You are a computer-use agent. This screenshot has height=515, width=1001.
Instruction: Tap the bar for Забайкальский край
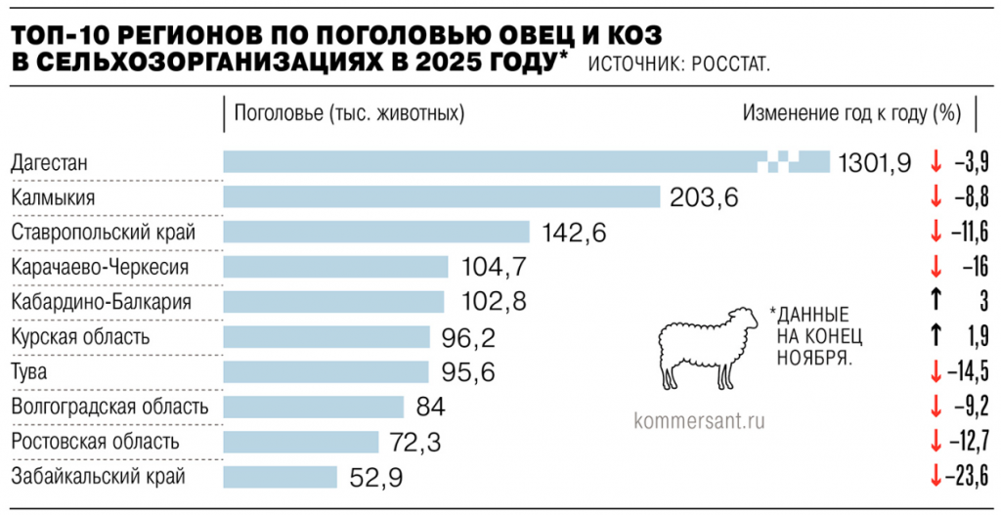(280, 477)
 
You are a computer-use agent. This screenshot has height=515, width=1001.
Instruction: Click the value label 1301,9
(875, 162)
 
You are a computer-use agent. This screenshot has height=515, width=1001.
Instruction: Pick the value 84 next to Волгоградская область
(430, 407)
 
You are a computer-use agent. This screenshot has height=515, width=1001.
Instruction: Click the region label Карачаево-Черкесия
(99, 267)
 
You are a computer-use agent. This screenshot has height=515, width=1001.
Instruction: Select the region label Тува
(29, 372)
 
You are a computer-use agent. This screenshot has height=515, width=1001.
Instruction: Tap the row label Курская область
(79, 337)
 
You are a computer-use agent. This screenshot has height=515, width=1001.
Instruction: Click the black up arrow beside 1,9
(936, 336)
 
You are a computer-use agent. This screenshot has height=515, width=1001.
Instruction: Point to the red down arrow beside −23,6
(936, 476)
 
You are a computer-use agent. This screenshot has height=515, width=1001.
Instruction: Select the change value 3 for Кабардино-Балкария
(982, 301)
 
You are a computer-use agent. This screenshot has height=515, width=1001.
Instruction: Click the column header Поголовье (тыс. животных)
(349, 112)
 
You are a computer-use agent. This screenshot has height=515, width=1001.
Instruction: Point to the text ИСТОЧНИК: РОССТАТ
(678, 64)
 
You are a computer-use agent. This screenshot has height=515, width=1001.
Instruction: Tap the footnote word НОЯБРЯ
(814, 358)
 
